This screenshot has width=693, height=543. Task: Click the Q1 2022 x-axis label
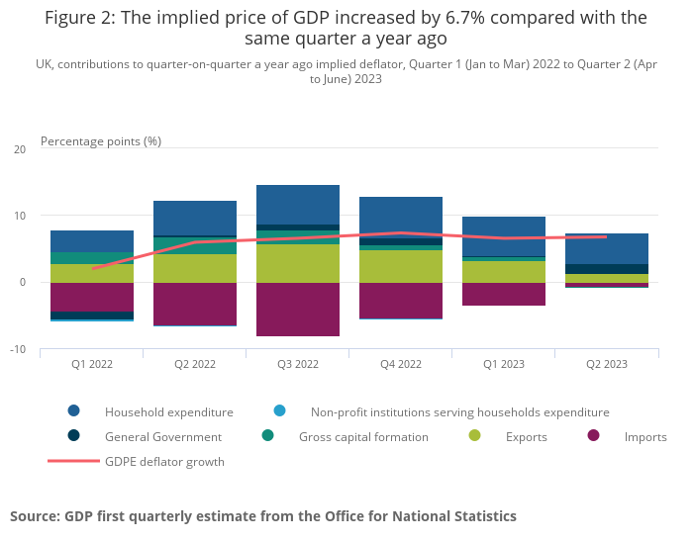(92, 364)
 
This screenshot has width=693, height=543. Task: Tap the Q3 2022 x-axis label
(298, 364)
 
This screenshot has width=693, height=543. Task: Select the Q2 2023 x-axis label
(607, 364)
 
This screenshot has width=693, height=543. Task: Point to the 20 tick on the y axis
(20, 149)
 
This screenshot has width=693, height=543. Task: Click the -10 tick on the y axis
(18, 349)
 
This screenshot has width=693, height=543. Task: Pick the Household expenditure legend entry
(168, 411)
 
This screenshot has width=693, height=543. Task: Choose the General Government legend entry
(162, 436)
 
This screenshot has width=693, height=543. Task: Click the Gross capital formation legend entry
(363, 436)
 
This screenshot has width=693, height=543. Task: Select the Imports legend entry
(645, 436)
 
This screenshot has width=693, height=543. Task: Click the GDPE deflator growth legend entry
(164, 461)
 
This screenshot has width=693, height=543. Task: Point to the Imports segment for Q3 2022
(298, 309)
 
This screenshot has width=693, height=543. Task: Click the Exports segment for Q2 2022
(195, 268)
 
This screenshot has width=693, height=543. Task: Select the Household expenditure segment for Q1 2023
(504, 236)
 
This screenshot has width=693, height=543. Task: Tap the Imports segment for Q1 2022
(92, 297)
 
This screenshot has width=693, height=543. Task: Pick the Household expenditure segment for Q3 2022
(298, 205)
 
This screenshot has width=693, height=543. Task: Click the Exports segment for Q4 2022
(401, 266)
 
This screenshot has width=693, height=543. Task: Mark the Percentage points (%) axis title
(101, 140)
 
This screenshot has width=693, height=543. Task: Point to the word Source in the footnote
(35, 515)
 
